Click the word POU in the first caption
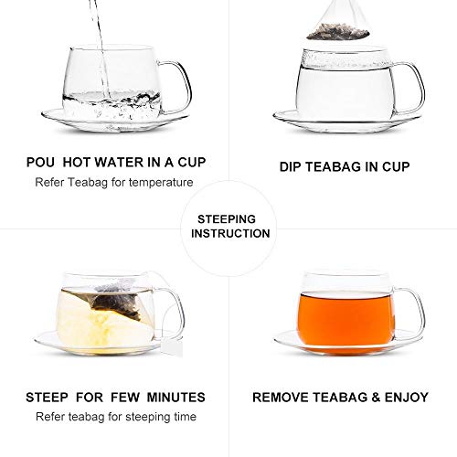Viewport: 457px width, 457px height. click(45, 163)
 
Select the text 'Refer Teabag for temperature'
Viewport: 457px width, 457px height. click(115, 182)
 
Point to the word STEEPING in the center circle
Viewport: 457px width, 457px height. click(229, 218)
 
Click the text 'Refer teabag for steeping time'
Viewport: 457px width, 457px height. click(115, 417)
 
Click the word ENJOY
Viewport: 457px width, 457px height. click(402, 398)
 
